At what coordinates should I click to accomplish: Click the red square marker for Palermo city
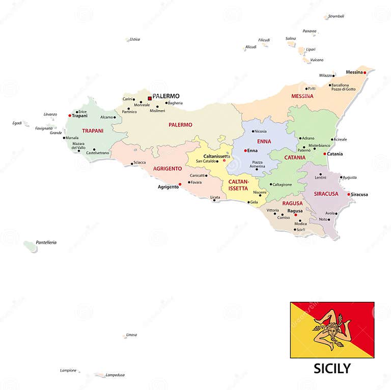pos(149,98)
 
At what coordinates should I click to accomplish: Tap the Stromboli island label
pos(336,16)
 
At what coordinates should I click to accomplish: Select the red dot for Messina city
pos(365,72)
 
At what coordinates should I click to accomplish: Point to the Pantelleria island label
pos(46,242)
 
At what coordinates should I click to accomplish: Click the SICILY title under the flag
pos(332,368)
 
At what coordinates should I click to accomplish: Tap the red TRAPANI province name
pos(93,131)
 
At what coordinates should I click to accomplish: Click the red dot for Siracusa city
pos(349,194)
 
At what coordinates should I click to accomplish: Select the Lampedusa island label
pos(116,375)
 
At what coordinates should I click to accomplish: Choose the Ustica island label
pos(135,39)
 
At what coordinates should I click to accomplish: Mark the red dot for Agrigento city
pos(180,184)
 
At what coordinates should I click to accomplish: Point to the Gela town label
pos(254,202)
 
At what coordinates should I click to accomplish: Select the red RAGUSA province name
pos(293,203)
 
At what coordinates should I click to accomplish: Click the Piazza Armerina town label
pos(257,164)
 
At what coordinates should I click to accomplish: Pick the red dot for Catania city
pos(324,153)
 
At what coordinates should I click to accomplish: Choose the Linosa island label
pos(131,334)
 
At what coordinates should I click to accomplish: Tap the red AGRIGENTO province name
pos(167,168)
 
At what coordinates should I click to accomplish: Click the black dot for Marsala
pos(64,138)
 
